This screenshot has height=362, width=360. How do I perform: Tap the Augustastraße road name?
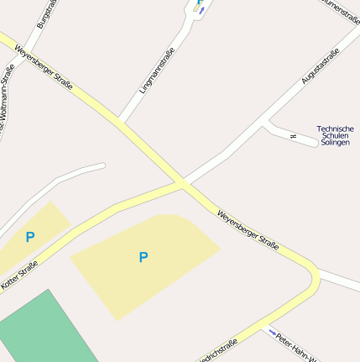[x=320, y=66]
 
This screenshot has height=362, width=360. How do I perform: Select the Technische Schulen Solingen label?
[x=335, y=135]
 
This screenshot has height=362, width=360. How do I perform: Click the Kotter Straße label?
[x=19, y=276]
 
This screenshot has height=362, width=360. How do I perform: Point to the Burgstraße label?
[x=48, y=15]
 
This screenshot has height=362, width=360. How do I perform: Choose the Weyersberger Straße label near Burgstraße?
[x=43, y=66]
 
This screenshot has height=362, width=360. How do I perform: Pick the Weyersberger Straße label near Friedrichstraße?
[x=248, y=229]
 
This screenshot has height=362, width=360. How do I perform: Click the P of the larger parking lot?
[x=143, y=257]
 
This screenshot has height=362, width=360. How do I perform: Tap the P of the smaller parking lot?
[x=30, y=237]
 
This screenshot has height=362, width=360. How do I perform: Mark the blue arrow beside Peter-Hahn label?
[x=272, y=333]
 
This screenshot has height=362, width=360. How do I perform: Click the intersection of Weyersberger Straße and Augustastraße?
[x=181, y=182]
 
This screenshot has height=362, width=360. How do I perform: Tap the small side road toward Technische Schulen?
[x=290, y=134]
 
